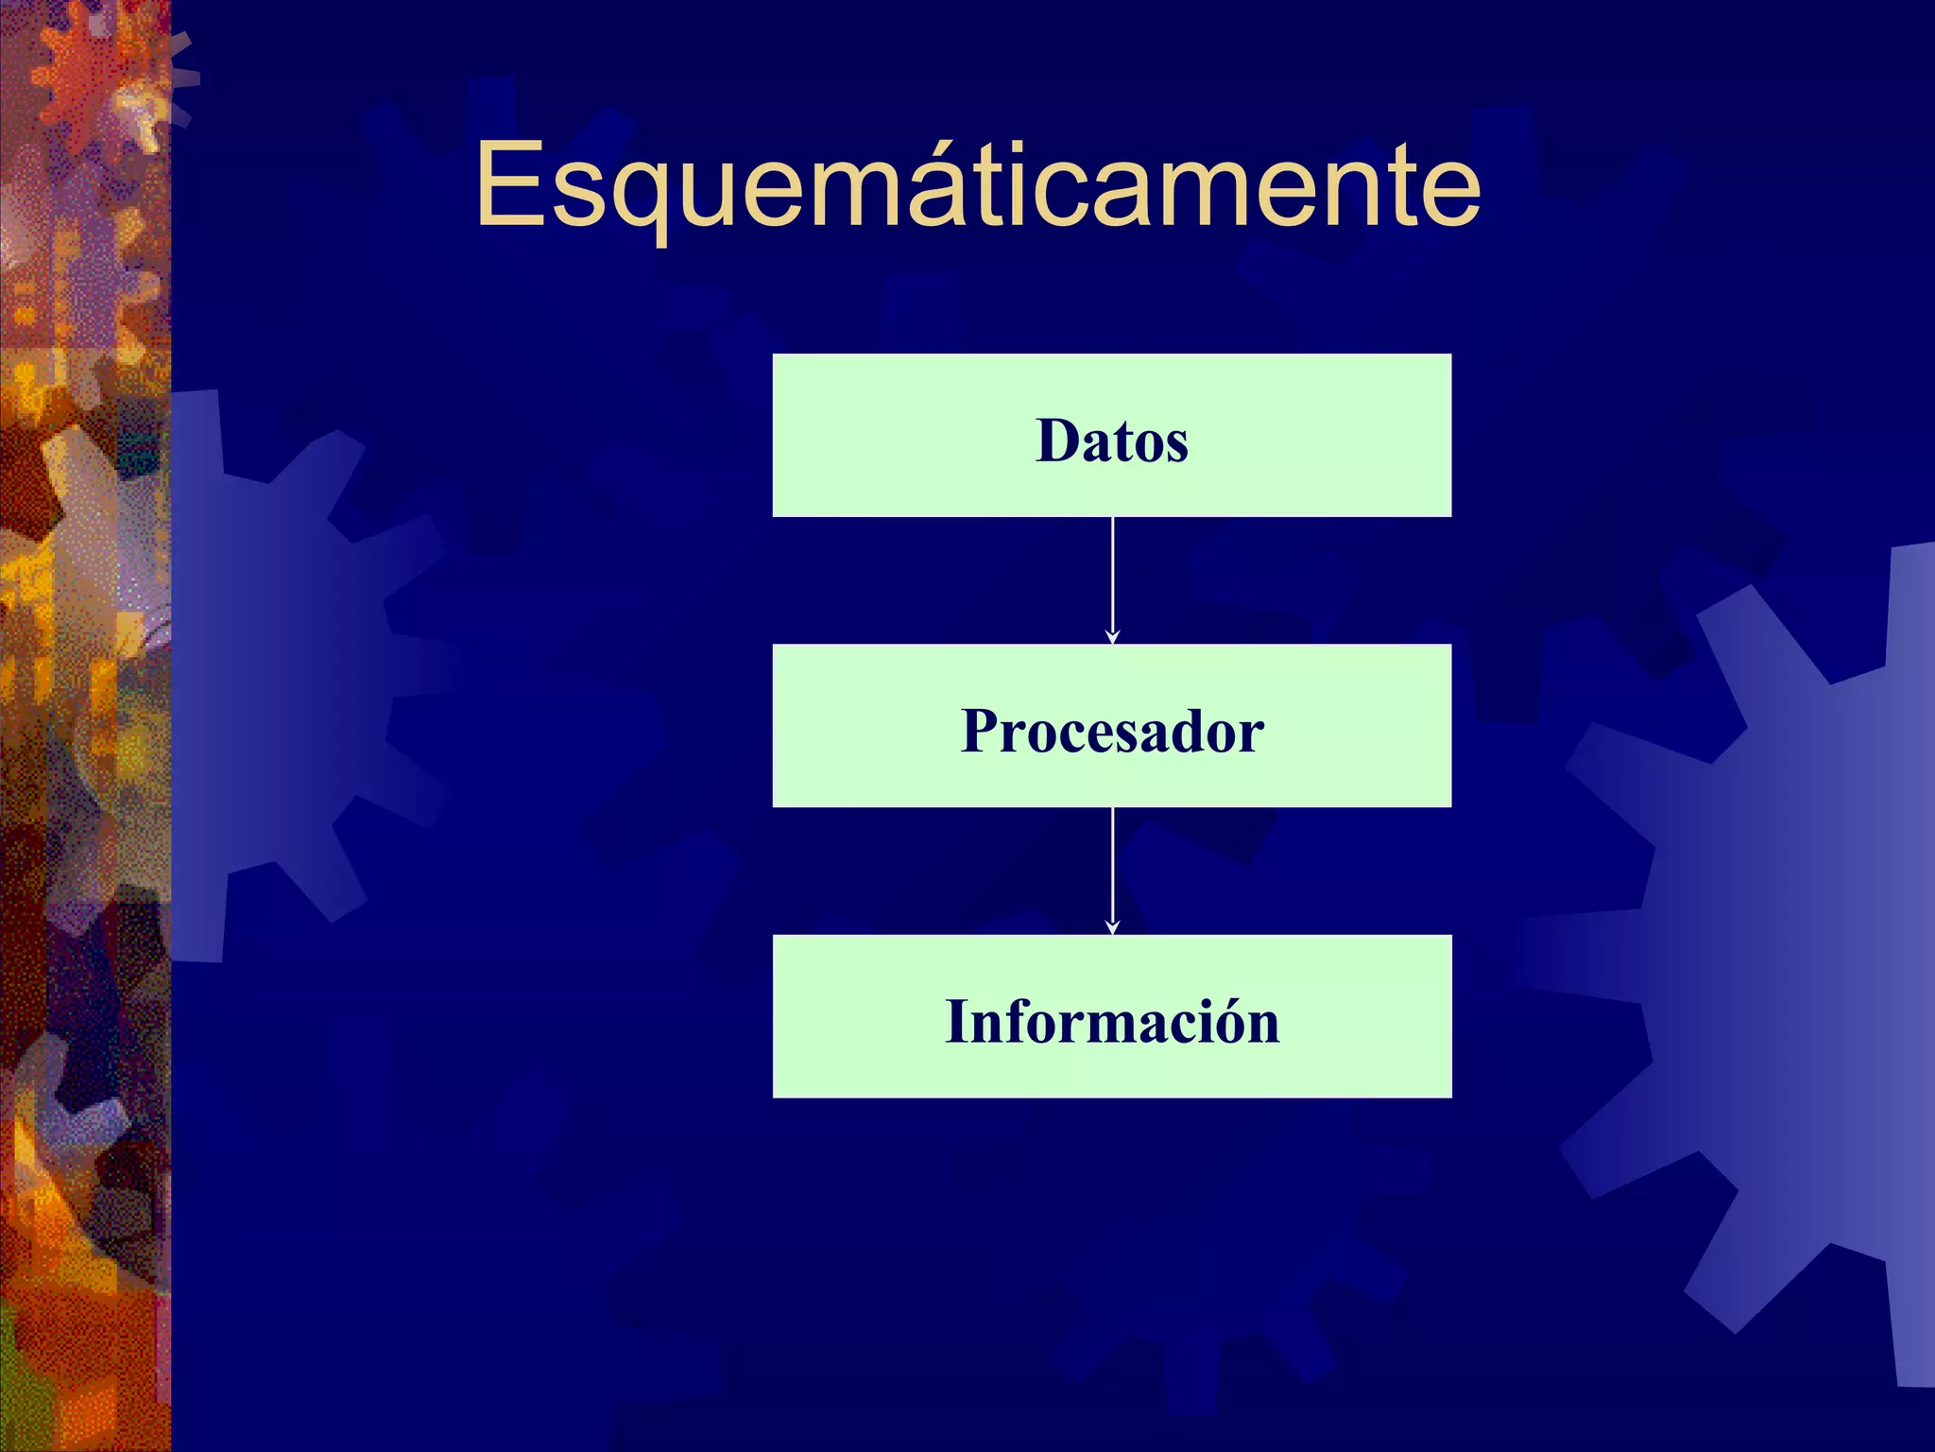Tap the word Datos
[1112, 441]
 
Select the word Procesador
[1112, 731]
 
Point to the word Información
[1112, 1022]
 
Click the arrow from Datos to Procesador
[1112, 577]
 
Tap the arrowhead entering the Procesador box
[1112, 638]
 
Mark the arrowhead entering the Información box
[1112, 928]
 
